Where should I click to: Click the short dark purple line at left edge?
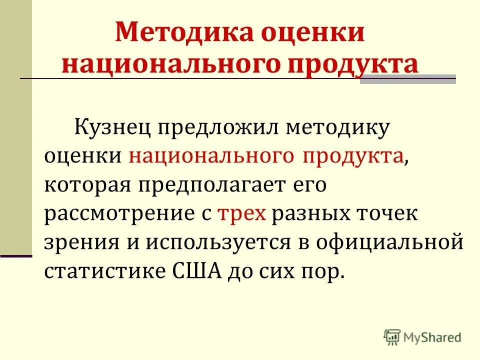click(x=16, y=256)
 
